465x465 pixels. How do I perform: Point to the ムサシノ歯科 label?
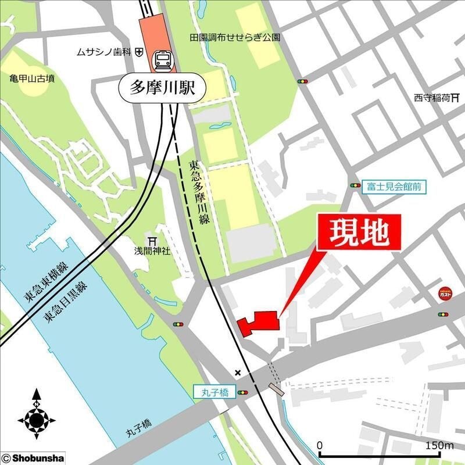point(103,52)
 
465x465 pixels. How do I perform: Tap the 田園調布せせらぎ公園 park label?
point(235,38)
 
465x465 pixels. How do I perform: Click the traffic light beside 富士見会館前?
point(355,185)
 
